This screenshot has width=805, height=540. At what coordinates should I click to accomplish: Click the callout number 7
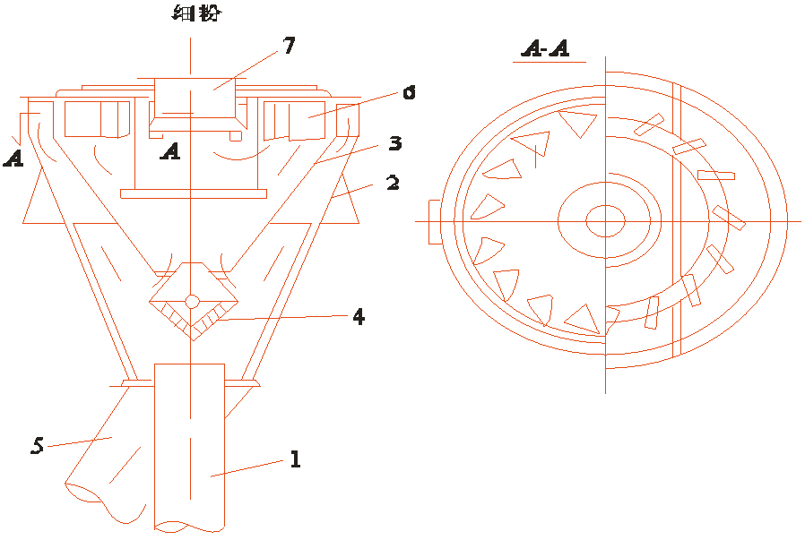(290, 45)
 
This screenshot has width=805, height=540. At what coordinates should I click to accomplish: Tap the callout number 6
(409, 93)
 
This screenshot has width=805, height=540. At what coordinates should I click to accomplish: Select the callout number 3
(394, 143)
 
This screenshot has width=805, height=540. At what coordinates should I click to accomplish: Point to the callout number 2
(393, 183)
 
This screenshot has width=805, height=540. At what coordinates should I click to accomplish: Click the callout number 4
(359, 316)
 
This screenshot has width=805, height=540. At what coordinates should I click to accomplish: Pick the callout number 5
(37, 445)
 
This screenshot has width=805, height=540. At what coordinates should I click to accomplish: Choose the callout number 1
(295, 459)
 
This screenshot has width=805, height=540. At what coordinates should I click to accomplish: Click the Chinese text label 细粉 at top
(197, 12)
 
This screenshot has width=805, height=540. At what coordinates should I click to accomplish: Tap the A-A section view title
(546, 48)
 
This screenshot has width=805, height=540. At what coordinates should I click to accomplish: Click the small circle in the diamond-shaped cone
(192, 301)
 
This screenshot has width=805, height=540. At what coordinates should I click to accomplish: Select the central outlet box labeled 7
(195, 98)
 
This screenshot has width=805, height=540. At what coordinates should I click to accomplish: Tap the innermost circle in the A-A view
(605, 221)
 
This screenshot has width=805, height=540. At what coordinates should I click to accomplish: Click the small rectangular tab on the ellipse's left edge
(435, 221)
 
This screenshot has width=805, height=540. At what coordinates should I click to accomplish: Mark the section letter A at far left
(13, 158)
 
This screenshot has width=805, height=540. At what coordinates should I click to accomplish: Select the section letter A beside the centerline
(170, 151)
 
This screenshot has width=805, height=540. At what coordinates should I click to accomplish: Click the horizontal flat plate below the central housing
(194, 193)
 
